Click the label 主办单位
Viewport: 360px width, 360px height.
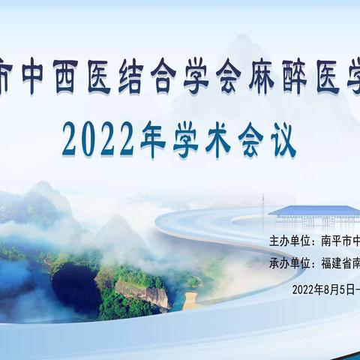pyautogui.click(x=289, y=241)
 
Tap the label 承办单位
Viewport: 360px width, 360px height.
pyautogui.click(x=289, y=263)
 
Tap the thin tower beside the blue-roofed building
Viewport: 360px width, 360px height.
pyautogui.click(x=263, y=205)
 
